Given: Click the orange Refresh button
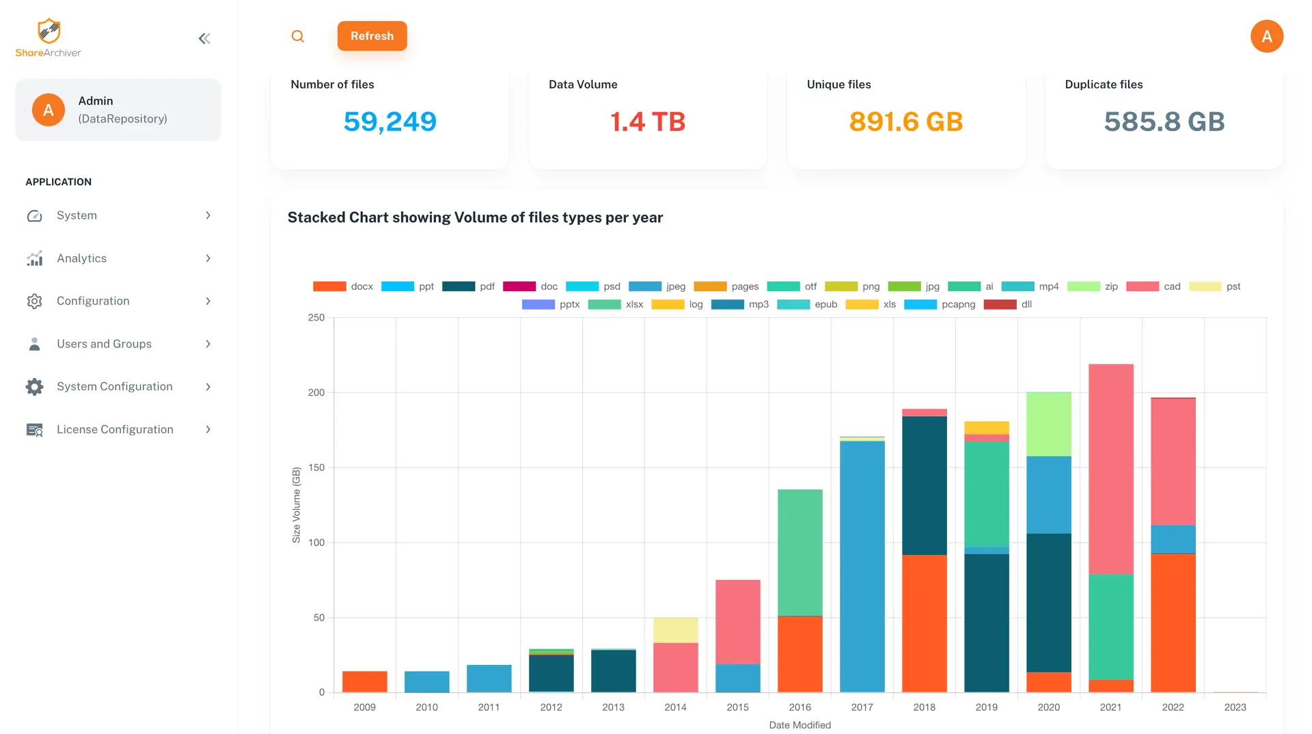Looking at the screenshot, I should (x=372, y=36).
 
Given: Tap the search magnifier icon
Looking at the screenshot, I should (x=298, y=36).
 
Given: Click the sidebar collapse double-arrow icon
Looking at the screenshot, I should (x=204, y=39).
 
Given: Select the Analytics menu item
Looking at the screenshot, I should (x=82, y=258).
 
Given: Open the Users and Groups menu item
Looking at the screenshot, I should (x=104, y=344).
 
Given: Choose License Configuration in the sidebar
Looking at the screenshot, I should (x=115, y=429).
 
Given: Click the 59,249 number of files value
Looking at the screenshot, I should (x=389, y=122).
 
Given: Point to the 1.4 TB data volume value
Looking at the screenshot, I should (x=647, y=122).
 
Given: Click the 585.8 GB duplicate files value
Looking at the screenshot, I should (x=1164, y=122).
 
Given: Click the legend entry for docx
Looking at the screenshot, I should (x=344, y=286).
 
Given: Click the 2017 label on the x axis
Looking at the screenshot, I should (x=862, y=707).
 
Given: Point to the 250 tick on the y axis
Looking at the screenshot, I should (x=316, y=318).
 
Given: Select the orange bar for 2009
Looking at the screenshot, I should (x=364, y=681).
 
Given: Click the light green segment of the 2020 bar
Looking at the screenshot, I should (x=1048, y=424).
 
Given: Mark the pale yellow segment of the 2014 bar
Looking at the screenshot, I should (x=675, y=630).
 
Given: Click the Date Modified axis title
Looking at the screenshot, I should (x=799, y=725).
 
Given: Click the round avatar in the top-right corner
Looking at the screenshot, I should (x=1266, y=36).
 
